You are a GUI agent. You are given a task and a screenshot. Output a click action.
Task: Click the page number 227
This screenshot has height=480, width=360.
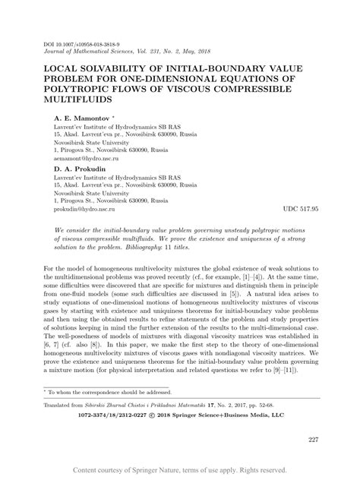pos(313,440)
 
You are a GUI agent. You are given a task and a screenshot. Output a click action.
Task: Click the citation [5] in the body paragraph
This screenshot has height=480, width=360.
pos(238,302)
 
